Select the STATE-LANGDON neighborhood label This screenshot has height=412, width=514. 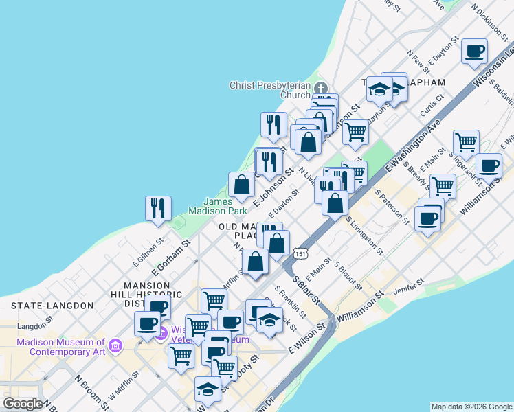(52, 305)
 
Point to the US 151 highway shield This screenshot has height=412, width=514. (300, 254)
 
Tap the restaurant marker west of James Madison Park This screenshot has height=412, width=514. (159, 209)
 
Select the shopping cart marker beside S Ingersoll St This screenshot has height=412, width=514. (466, 143)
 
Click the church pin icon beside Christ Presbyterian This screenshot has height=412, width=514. (320, 89)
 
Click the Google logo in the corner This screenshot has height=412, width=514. (23, 404)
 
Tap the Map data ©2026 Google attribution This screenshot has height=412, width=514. (471, 407)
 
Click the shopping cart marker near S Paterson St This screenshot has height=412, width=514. (443, 185)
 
